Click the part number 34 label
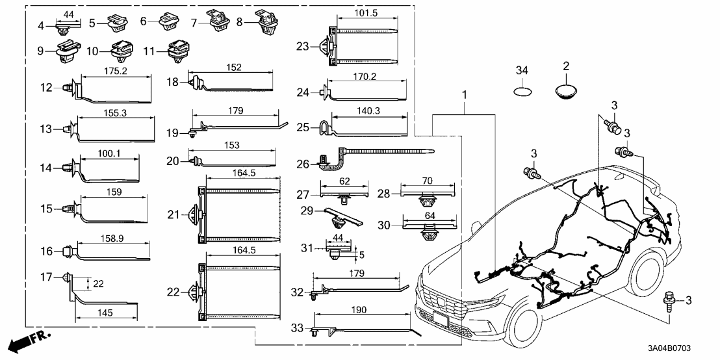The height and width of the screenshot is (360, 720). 522,70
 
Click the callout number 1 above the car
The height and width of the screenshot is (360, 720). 464,96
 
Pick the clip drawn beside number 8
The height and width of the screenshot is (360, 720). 266,21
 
